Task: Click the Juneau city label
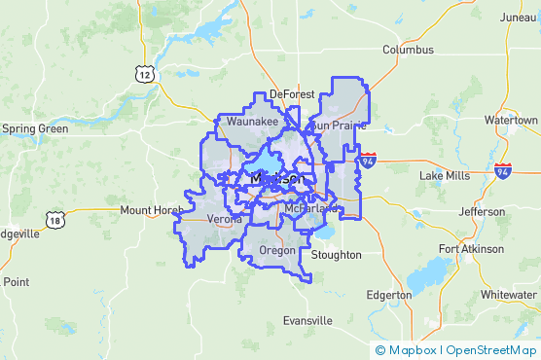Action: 517,17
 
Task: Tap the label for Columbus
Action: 408,49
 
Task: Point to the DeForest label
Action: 292,94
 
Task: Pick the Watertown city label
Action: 510,120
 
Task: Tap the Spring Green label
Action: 35,128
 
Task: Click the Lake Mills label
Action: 444,175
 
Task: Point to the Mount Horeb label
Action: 151,210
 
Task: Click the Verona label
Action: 226,219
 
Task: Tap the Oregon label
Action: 276,250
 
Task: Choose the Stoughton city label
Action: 337,255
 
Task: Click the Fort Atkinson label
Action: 471,249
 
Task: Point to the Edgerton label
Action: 389,295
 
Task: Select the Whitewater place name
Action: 508,295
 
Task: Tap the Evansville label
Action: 307,320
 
